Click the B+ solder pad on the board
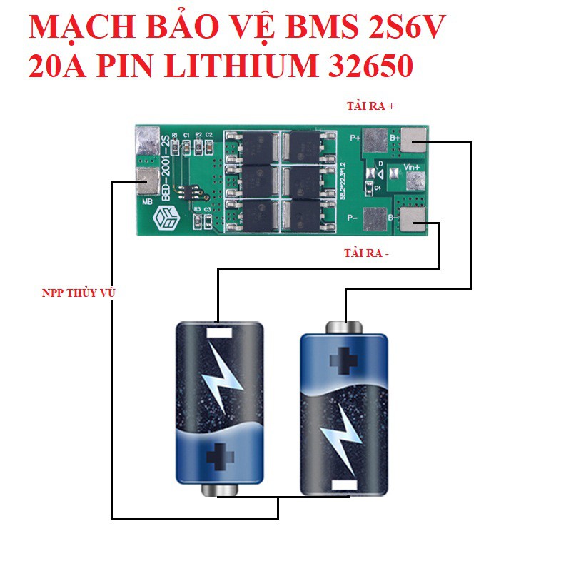point(413,138)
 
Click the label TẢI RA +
point(370,106)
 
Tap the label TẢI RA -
point(367,253)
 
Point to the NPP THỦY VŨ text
point(78,293)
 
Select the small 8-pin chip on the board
point(191,190)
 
